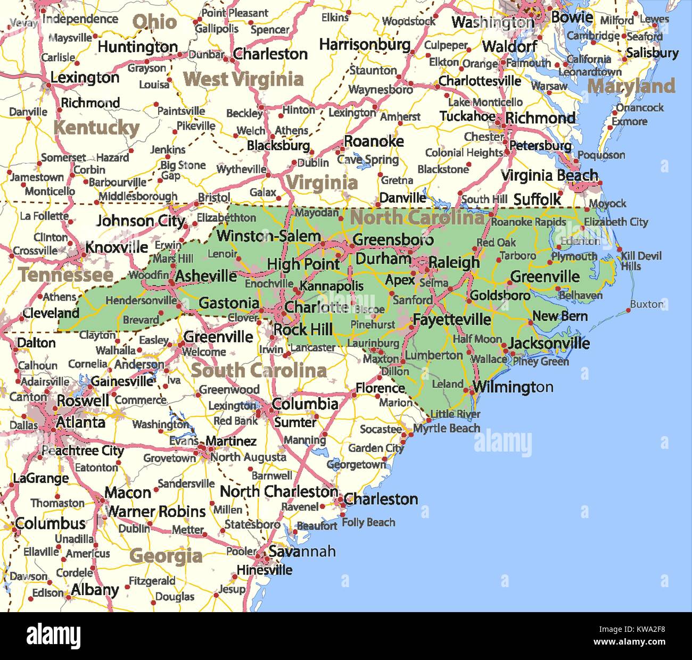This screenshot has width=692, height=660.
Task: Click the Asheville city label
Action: (x=205, y=276)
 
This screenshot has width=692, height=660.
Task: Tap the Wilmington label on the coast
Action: (x=513, y=387)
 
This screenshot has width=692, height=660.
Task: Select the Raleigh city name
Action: (x=454, y=262)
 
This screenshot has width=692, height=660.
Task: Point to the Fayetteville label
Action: (x=451, y=320)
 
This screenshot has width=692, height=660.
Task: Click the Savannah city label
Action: (x=302, y=552)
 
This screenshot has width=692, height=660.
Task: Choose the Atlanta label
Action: (x=80, y=422)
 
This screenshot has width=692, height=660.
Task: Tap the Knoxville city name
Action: (x=117, y=247)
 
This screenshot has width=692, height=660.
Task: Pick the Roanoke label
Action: (x=374, y=141)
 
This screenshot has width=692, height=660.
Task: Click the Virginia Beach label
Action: (x=549, y=176)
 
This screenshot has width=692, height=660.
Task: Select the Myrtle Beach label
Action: (x=447, y=428)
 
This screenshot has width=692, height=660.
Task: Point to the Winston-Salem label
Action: (x=268, y=236)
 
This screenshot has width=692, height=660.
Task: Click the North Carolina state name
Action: (x=417, y=218)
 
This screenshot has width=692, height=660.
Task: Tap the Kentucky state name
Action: (x=96, y=128)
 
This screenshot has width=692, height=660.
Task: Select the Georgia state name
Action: (x=166, y=556)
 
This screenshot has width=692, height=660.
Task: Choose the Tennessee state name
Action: (x=66, y=275)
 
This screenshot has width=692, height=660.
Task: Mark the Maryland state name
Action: (x=631, y=86)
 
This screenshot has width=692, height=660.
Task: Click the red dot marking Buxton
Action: (x=628, y=310)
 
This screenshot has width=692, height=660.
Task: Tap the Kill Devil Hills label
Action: (x=641, y=261)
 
